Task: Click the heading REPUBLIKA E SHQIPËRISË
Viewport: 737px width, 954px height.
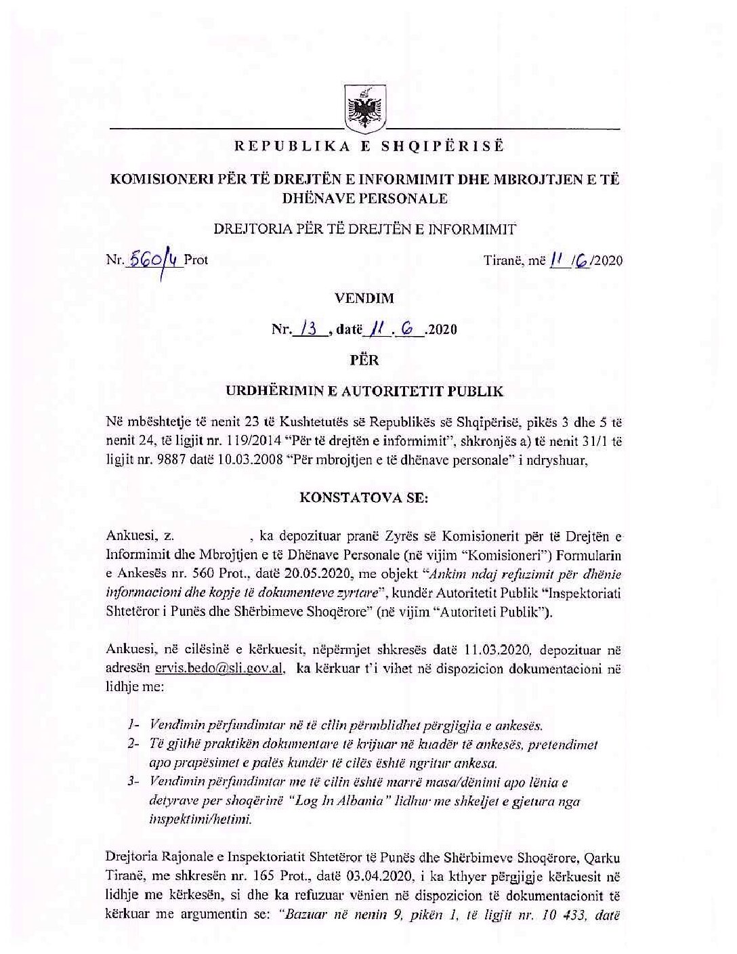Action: coord(369,146)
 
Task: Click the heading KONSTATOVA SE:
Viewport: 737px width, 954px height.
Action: coord(364,497)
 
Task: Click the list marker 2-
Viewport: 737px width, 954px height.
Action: coord(133,743)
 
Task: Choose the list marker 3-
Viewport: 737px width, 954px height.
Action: coord(133,782)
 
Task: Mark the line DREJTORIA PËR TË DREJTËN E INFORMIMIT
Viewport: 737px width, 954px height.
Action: coord(364,228)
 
